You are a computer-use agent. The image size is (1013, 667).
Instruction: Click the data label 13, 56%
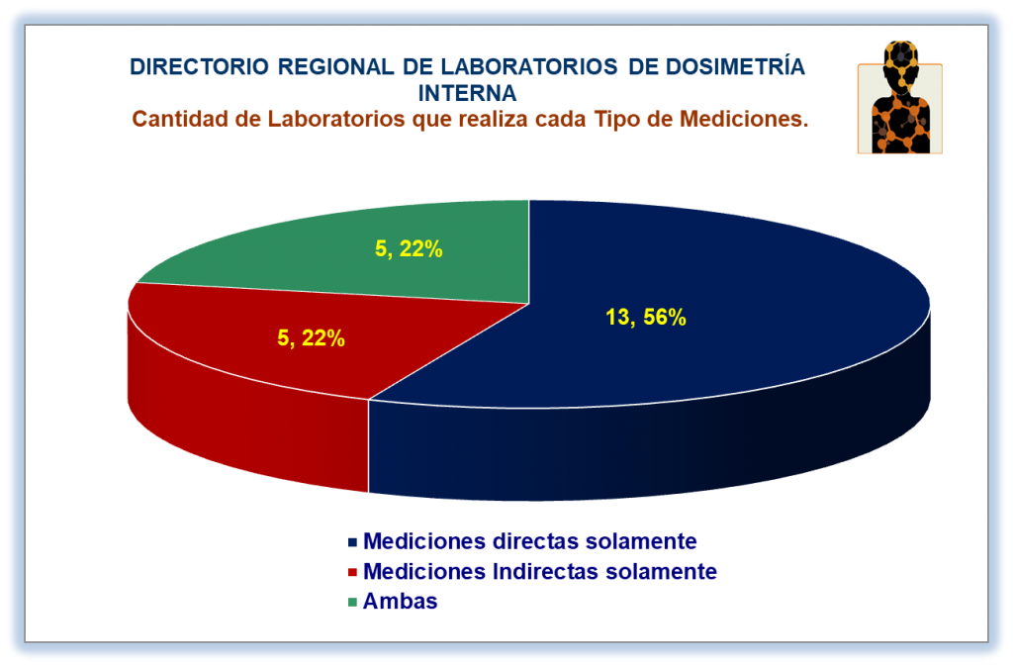645,318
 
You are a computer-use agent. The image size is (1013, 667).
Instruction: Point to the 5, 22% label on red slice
311,338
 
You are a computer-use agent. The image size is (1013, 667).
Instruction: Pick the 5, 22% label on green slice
409,248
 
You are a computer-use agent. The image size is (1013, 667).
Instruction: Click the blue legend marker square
352,542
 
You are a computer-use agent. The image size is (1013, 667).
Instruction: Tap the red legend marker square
352,572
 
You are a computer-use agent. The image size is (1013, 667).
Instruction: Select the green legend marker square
352,603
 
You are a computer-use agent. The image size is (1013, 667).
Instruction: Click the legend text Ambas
400,601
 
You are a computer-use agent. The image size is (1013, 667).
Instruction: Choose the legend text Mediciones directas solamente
530,541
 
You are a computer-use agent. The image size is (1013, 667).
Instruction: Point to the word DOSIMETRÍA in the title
735,66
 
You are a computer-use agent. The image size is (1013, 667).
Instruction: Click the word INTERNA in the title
467,94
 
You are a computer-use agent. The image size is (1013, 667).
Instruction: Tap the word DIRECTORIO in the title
200,67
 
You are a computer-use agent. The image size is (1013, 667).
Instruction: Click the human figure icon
900,97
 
